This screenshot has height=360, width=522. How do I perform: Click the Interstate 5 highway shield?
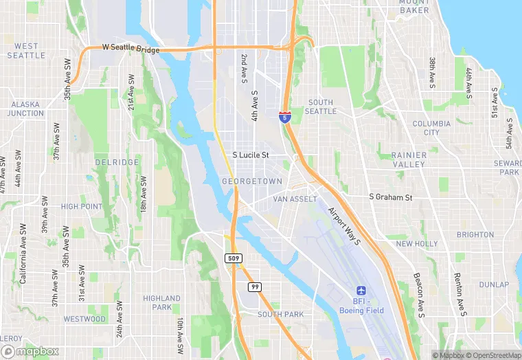[284, 117]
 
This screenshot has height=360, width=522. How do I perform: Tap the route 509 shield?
[234, 258]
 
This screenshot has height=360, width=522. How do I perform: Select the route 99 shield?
[255, 286]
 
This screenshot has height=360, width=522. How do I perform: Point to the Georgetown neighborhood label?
[252, 181]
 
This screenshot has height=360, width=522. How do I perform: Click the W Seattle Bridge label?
[130, 49]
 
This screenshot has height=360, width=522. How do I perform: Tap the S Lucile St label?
[250, 155]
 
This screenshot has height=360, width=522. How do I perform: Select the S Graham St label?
[390, 197]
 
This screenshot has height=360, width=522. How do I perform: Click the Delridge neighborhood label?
[117, 163]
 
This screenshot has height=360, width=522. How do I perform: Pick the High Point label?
[81, 207]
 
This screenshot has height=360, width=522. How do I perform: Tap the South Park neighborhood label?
[280, 315]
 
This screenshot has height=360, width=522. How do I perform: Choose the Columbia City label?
[431, 128]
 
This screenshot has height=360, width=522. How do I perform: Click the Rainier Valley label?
[409, 160]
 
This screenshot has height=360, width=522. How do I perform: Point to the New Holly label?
[416, 244]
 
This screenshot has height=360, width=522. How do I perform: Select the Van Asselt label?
[295, 199]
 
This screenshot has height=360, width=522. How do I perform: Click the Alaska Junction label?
[27, 109]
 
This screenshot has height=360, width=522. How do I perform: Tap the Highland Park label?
[161, 303]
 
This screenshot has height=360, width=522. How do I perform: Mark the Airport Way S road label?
[344, 226]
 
